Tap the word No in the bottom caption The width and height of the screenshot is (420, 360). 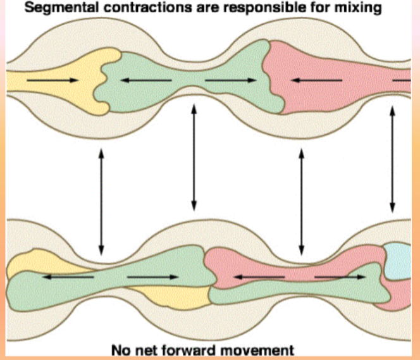120,349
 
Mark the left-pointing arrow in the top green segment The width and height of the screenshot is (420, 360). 145,80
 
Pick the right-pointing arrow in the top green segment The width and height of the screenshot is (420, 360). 232,80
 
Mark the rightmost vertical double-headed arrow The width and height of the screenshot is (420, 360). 393,158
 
